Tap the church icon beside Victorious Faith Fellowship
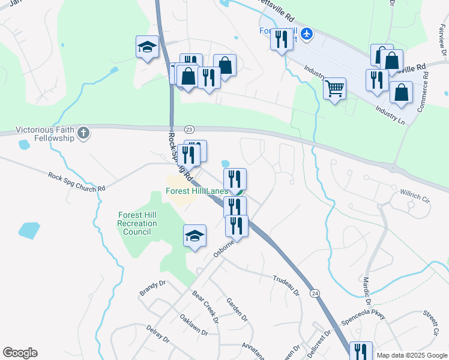(84, 133)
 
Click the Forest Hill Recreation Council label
(137, 223)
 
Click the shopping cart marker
(334, 89)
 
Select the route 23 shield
(189, 129)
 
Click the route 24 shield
(315, 293)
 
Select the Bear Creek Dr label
(205, 306)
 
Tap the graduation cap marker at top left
(147, 47)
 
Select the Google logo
(20, 353)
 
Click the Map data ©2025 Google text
(412, 355)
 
